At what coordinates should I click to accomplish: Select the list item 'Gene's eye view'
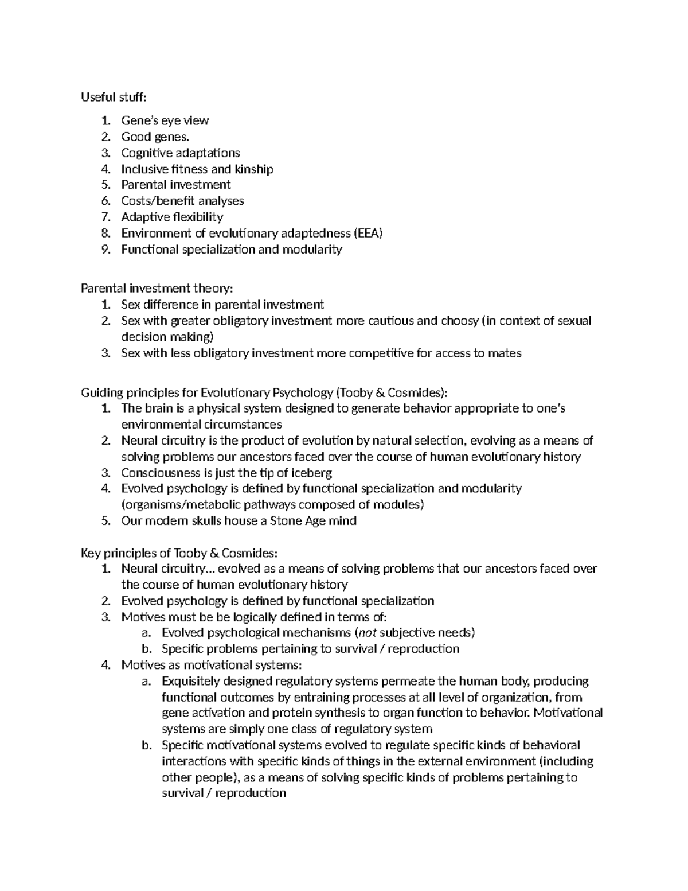point(165,120)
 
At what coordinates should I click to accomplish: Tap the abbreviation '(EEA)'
point(368,233)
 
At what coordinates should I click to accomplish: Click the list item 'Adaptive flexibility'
point(172,217)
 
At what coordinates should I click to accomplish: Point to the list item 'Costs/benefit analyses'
point(182,201)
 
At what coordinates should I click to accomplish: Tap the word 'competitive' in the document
point(381,353)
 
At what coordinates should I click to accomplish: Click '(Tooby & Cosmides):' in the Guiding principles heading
point(392,392)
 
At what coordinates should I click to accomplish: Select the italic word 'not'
point(366,633)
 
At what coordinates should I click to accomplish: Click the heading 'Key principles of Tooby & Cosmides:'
point(179,553)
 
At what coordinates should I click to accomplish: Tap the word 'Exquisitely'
point(191,681)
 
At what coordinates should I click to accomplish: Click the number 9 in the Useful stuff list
point(104,250)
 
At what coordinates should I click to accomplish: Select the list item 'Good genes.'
point(155,137)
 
